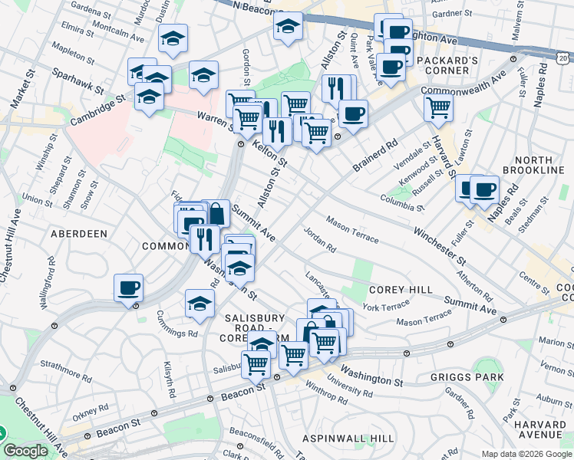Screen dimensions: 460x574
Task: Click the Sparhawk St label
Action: (78, 80)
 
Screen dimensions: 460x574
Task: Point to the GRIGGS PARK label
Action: (467, 377)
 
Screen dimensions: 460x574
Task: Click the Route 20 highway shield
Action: (563, 58)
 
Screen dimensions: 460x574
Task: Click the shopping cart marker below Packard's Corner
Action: (438, 109)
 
